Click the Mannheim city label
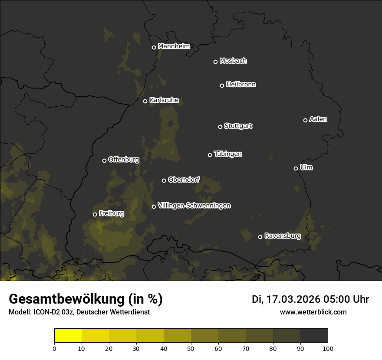(x=174, y=46)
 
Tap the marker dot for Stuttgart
(x=220, y=127)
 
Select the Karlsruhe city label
(x=164, y=100)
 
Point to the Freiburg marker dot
(x=95, y=214)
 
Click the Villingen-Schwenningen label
(x=194, y=206)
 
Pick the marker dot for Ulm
(x=296, y=168)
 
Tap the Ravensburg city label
(x=282, y=236)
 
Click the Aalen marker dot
(x=305, y=120)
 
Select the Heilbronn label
(x=241, y=85)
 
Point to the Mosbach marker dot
(x=215, y=62)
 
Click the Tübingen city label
(x=228, y=154)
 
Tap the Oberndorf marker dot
(x=164, y=180)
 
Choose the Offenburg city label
(x=124, y=160)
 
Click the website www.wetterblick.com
(x=313, y=312)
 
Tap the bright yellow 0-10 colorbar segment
(x=68, y=336)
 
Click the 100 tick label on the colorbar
(x=328, y=348)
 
